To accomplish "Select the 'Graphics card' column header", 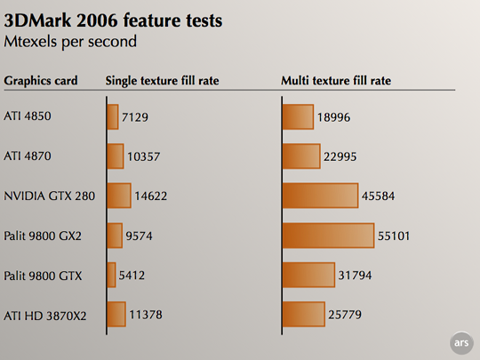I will [x=41, y=81].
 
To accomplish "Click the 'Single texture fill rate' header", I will [x=162, y=81].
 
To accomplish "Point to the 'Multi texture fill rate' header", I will [x=336, y=81].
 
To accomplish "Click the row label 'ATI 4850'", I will [x=28, y=117].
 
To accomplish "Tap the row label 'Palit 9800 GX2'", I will [x=43, y=236].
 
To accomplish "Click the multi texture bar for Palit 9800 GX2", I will [x=327, y=236].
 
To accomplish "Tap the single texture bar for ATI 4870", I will [x=115, y=156].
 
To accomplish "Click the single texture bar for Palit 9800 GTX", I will [x=111, y=275].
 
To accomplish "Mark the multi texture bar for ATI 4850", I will [x=297, y=117].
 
